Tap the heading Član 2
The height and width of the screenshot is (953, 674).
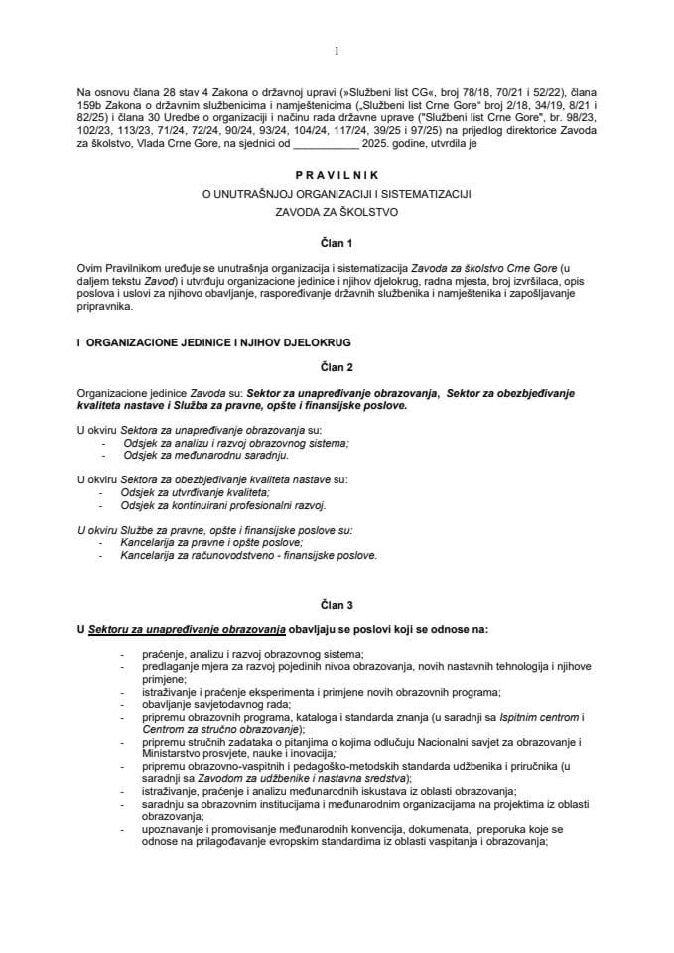[x=337, y=365]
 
